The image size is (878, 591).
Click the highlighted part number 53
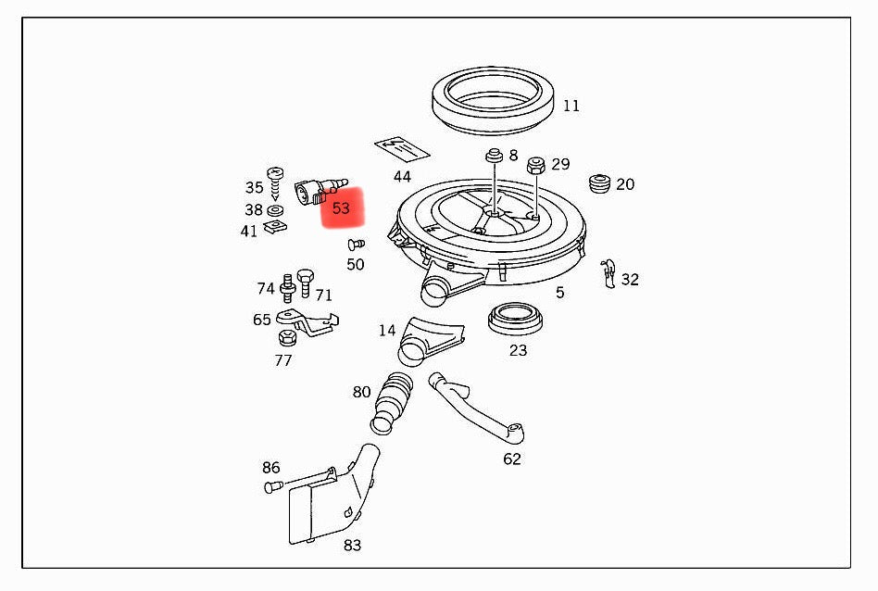point(341,208)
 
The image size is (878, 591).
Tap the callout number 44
point(401,176)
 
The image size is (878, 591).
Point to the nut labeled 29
point(534,167)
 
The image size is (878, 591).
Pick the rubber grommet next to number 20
point(600,183)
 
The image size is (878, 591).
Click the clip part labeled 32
point(608,272)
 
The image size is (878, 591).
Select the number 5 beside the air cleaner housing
point(559,293)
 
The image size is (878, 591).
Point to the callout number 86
point(270,468)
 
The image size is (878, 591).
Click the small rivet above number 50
point(354,245)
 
